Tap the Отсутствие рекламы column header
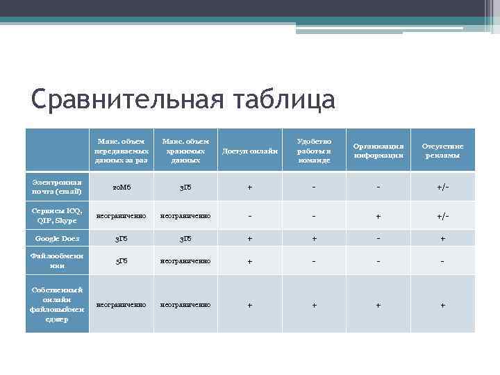pyautogui.click(x=442, y=151)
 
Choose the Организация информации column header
pyautogui.click(x=378, y=151)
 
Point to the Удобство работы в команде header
pyautogui.click(x=313, y=151)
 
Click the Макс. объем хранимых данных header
pyautogui.click(x=185, y=151)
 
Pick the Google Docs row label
pyautogui.click(x=58, y=238)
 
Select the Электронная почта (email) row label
pyautogui.click(x=58, y=186)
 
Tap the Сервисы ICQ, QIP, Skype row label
pyautogui.click(x=58, y=216)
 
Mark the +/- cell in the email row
pyautogui.click(x=442, y=187)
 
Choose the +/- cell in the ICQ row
pyautogui.click(x=442, y=217)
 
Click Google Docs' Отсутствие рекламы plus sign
pyautogui.click(x=442, y=238)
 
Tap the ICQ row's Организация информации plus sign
pyautogui.click(x=378, y=217)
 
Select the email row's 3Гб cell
pyautogui.click(x=185, y=187)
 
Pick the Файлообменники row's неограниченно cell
pyautogui.click(x=185, y=262)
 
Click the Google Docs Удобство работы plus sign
pyautogui.click(x=313, y=238)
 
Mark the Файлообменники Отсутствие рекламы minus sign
pyautogui.click(x=442, y=262)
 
